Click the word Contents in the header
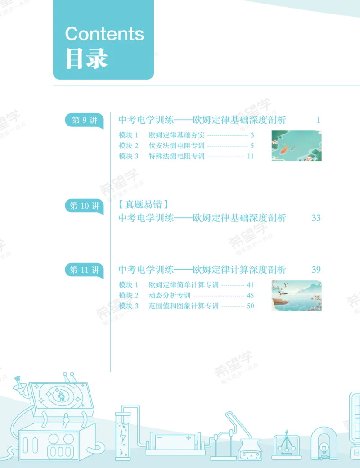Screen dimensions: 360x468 [x=104, y=34]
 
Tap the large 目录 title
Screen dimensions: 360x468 [x=86, y=58]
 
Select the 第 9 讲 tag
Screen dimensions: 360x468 [x=85, y=120]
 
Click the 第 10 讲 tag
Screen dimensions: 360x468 [x=85, y=206]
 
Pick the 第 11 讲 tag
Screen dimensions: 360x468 [x=85, y=270]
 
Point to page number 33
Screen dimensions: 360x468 [x=316, y=218]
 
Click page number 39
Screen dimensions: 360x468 [x=316, y=270]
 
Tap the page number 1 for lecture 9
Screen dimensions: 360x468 [x=319, y=120]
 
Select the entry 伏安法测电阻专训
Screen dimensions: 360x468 [x=176, y=146]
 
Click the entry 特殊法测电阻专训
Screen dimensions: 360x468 [x=176, y=156]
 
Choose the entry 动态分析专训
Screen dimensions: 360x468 [x=170, y=296]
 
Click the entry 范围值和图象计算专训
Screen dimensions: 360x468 [x=184, y=306]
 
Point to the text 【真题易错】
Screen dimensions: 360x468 [x=143, y=204]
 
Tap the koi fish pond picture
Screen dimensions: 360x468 [x=297, y=146]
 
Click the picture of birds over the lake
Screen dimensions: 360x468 [x=297, y=296]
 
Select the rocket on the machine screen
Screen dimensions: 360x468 [x=61, y=396]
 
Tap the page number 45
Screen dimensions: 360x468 [x=251, y=296]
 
